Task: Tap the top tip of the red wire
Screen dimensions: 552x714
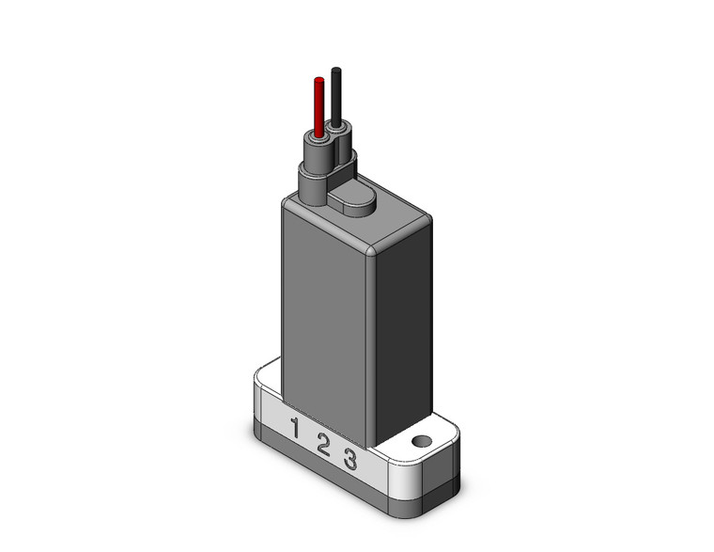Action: (x=318, y=79)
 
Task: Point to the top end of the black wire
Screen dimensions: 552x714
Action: (x=335, y=70)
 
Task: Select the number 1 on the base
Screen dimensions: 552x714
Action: (x=295, y=428)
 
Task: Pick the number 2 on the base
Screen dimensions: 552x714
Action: (x=322, y=445)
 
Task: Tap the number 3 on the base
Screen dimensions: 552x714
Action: (x=349, y=460)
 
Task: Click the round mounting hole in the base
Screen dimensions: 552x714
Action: (x=421, y=440)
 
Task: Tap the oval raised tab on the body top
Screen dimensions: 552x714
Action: (x=355, y=198)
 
